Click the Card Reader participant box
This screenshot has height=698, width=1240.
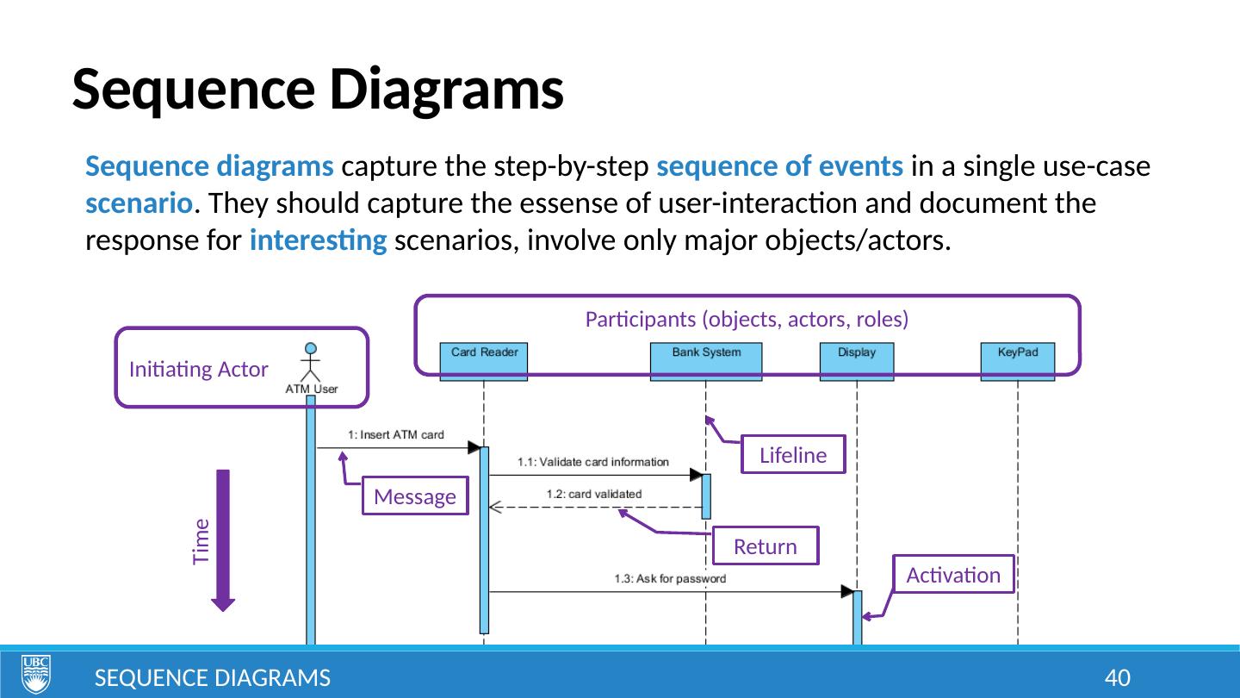pos(483,361)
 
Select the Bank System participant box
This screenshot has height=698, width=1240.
pos(706,361)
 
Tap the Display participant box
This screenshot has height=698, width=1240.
pos(856,361)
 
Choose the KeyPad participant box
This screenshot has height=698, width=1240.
pos(1018,361)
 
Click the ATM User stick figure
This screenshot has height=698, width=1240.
pos(311,362)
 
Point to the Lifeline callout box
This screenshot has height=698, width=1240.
pos(793,454)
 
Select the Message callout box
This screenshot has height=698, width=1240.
pos(415,495)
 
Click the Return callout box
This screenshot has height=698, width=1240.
pos(765,545)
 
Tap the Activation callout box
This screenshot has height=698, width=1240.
pos(953,575)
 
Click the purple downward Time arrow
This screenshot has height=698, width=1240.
pos(223,540)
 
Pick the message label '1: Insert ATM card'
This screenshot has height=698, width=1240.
pos(396,435)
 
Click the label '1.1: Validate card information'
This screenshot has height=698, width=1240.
pos(592,462)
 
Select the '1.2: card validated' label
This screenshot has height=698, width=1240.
pos(594,494)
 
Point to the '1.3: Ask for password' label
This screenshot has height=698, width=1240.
pos(670,579)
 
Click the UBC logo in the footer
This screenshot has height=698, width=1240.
pos(36,674)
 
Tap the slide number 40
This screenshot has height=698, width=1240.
pos(1118,678)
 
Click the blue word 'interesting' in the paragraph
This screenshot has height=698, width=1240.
pos(318,240)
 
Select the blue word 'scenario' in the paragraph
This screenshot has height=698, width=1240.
pos(139,203)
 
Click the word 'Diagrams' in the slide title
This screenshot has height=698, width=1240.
pos(446,90)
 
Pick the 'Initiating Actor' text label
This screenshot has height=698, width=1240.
pos(198,370)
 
